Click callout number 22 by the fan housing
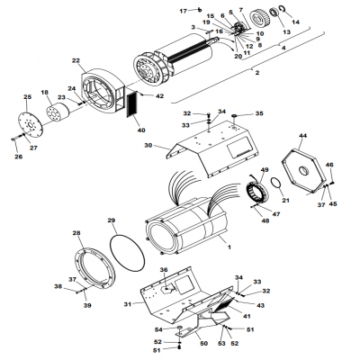pos(76,60)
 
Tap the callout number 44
pos(303,135)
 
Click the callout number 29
pos(112,220)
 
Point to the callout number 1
pos(229,246)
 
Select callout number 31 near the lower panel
pos(127,305)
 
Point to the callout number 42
pos(159,95)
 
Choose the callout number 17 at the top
pos(182,9)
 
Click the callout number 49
pos(265,170)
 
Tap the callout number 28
pos(76,234)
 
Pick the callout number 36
pos(164,270)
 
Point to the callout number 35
pos(260,114)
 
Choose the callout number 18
pos(45,92)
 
